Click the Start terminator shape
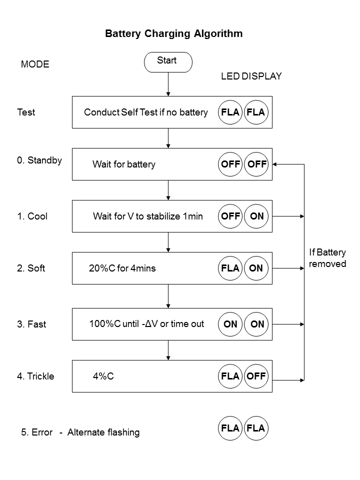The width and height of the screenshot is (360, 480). click(168, 62)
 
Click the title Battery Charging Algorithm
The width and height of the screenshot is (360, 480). click(173, 34)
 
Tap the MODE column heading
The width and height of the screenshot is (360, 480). click(35, 64)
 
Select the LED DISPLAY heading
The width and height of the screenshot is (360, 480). click(251, 76)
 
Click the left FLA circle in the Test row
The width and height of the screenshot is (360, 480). click(230, 112)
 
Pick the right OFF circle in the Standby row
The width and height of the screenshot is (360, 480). click(256, 164)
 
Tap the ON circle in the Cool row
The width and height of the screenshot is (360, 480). click(256, 216)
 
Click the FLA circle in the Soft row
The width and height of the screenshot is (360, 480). click(230, 268)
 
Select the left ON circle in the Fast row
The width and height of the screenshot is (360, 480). click(230, 324)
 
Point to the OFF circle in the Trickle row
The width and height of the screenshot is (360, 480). click(256, 376)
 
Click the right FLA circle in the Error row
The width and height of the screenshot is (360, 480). click(256, 428)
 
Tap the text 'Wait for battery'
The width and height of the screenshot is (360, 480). click(124, 164)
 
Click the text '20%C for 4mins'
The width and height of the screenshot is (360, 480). click(122, 268)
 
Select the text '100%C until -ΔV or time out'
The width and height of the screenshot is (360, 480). click(146, 324)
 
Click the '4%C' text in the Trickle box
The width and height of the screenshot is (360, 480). click(103, 376)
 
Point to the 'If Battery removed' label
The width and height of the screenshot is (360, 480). click(327, 258)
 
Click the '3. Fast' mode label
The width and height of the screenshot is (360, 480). click(31, 324)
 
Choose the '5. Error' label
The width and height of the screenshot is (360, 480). click(36, 432)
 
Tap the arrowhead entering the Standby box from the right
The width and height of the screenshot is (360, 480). click(275, 164)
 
